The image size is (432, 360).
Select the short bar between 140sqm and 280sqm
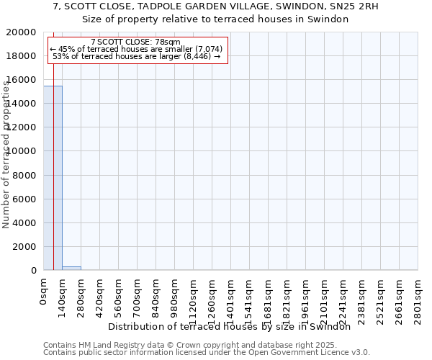(x=71, y=268)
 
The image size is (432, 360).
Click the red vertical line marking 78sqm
(x=53, y=180)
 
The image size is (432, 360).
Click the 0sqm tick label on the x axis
(x=44, y=292)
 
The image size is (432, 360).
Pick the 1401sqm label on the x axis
(x=231, y=296)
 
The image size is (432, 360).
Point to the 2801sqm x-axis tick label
(x=418, y=296)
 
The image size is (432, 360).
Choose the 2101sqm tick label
(x=325, y=296)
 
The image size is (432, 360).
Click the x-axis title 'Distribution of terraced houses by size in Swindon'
(x=234, y=326)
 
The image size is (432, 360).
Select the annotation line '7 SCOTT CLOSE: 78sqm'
(x=136, y=42)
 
